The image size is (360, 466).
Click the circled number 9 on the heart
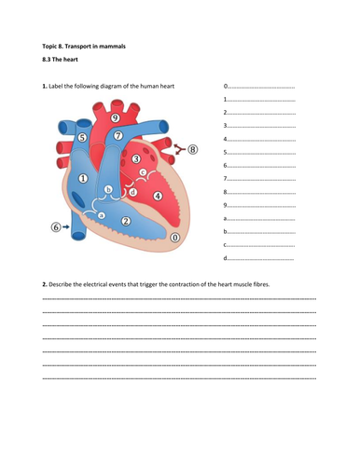(x=114, y=118)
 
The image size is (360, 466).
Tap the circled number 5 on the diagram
(x=82, y=138)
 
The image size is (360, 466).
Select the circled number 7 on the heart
(x=118, y=136)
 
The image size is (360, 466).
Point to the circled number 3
(x=136, y=160)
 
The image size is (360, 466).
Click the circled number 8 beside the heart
(x=193, y=148)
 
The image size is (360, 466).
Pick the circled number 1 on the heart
(x=84, y=178)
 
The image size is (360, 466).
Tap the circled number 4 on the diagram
(x=158, y=196)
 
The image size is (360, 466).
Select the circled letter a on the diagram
(x=102, y=214)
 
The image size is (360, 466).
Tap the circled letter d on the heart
(x=133, y=192)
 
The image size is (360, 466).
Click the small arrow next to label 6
(x=66, y=226)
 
